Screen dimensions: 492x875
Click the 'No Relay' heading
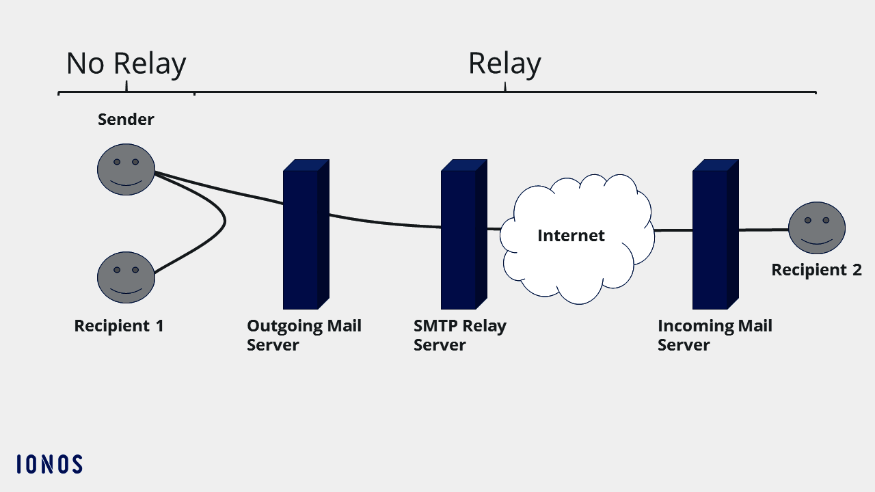(x=126, y=64)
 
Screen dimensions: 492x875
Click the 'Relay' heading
(x=504, y=64)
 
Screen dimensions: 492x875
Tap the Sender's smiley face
(x=126, y=169)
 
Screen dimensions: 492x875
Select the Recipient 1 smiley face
(x=126, y=277)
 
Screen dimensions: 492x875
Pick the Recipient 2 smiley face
(x=816, y=228)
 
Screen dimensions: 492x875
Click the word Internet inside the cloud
(x=571, y=236)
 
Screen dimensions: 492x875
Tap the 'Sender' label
(x=126, y=120)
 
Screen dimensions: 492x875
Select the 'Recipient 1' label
(x=119, y=326)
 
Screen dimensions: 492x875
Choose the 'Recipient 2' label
(x=816, y=270)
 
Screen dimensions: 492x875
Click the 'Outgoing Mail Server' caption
(x=304, y=335)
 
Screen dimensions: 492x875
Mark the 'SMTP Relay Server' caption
(x=459, y=335)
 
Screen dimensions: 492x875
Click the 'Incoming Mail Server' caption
(x=714, y=335)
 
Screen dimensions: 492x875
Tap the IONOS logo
(x=49, y=465)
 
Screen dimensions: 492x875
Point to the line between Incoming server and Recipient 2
(x=762, y=230)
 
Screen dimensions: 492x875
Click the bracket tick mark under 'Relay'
(x=505, y=87)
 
